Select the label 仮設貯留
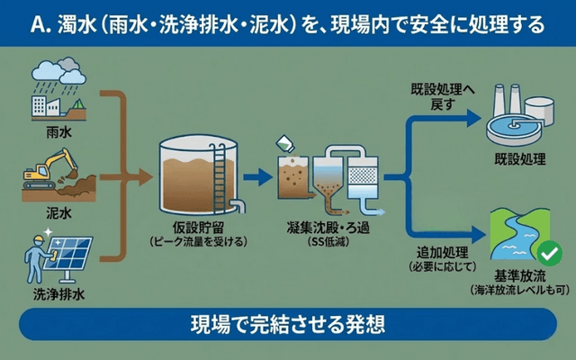[198, 227]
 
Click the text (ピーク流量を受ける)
[198, 243]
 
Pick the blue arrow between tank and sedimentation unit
[259, 175]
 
